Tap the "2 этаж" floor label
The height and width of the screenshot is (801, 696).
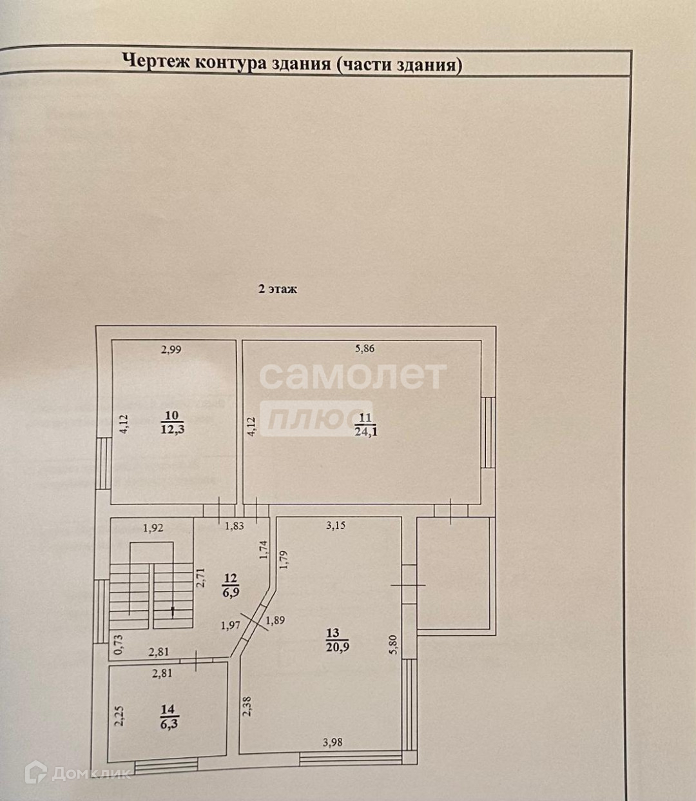[x=278, y=289]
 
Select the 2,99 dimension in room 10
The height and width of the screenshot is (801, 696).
[x=171, y=350]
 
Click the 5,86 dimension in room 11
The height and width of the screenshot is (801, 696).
[x=365, y=349]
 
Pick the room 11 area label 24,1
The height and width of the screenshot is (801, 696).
[x=365, y=431]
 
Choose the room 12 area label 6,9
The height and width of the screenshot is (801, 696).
[x=231, y=591]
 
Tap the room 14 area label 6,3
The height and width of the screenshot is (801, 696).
[x=168, y=724]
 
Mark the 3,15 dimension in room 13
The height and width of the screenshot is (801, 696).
[x=336, y=525]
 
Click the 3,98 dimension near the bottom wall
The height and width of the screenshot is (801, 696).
[x=333, y=742]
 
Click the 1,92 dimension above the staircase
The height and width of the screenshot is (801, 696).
[x=153, y=528]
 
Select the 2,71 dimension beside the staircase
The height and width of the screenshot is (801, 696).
[x=200, y=577]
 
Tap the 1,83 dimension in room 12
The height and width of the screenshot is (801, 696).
[x=235, y=526]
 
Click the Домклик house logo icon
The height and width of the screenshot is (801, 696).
[x=35, y=771]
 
